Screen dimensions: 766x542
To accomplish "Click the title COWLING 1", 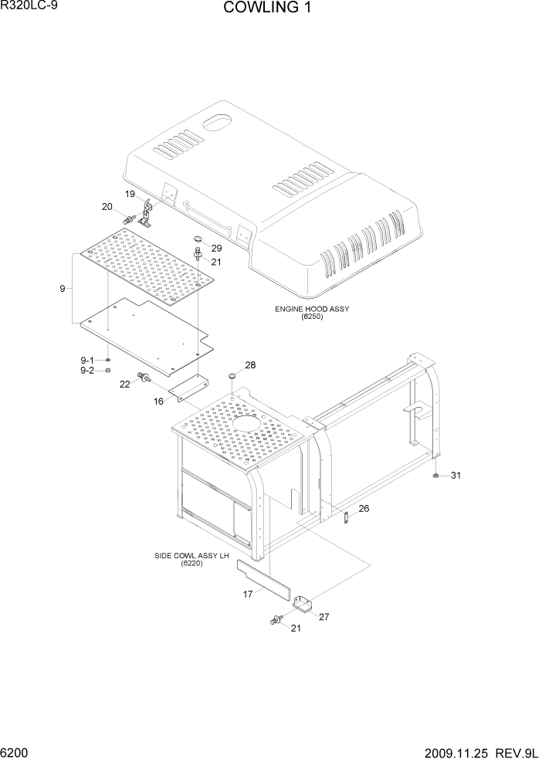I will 270,8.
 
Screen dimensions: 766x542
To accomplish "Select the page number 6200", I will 16,753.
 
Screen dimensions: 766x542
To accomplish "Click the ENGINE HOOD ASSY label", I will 312,309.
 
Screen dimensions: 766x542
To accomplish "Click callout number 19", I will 130,194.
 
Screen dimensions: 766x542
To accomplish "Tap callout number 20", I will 107,206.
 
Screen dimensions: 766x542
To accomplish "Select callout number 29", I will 216,248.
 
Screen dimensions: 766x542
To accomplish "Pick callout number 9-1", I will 87,360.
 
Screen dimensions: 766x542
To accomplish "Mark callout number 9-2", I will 87,371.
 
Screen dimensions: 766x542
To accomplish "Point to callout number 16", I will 158,402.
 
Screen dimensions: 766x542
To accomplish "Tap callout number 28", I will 249,364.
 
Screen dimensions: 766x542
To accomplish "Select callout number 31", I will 456,475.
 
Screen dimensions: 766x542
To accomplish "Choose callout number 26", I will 364,508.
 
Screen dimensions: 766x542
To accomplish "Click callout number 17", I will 249,594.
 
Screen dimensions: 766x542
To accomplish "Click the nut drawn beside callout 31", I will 436,475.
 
